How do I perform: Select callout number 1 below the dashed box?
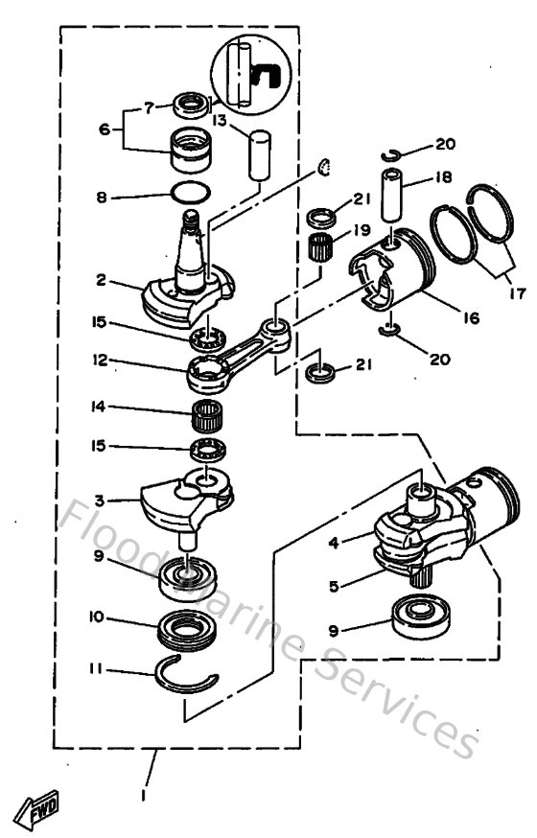(145, 794)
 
